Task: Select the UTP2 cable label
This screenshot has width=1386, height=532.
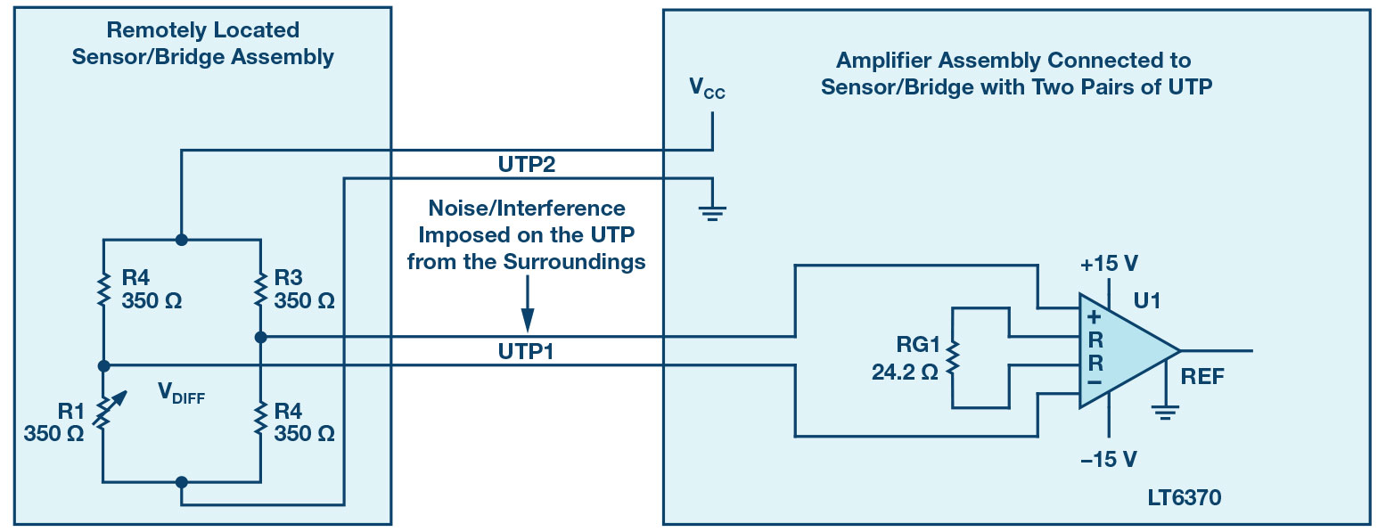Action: click(528, 165)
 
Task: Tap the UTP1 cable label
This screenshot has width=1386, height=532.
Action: click(528, 351)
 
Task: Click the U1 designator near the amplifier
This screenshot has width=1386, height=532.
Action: click(1145, 302)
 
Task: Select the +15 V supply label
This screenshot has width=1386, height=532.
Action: click(1108, 265)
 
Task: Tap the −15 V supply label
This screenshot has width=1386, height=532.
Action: click(1108, 459)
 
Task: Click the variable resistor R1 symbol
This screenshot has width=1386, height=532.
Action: click(104, 414)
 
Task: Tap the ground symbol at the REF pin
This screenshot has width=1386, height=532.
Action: click(1164, 411)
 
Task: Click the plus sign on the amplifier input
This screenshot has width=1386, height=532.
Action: click(1095, 317)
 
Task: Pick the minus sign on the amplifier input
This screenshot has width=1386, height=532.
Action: click(1095, 384)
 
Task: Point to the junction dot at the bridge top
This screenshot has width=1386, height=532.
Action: click(182, 240)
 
